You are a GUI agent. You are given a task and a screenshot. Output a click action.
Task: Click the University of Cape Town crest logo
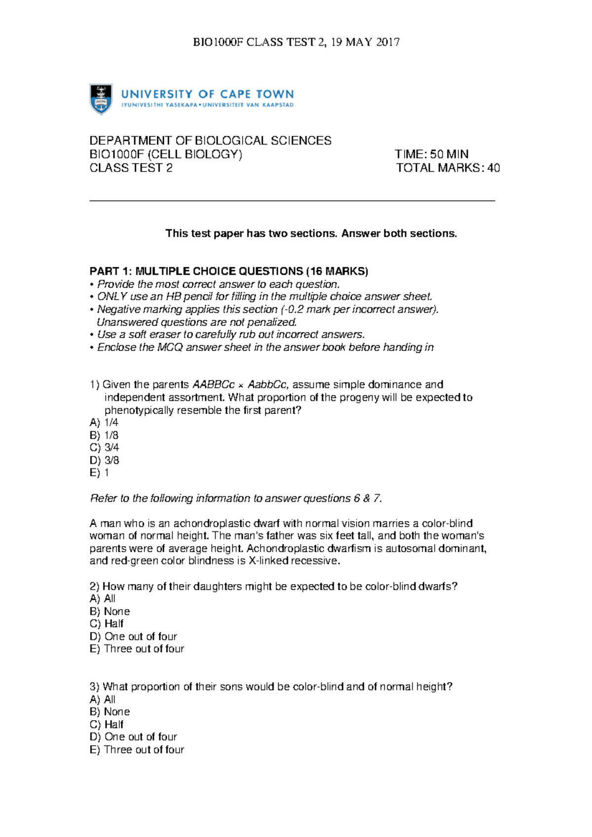pos(101,99)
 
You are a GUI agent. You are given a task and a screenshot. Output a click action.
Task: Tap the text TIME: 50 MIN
pos(431,154)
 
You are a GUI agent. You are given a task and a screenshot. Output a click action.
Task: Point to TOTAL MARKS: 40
pos(447,168)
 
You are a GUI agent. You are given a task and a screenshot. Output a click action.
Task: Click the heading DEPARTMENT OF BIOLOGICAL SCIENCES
pos(210,141)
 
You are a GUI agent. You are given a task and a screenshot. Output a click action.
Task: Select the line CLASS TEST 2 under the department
pos(131,168)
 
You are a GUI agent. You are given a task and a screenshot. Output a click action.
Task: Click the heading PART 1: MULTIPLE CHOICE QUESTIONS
pos(228,271)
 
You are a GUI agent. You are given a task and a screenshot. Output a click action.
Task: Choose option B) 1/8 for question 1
pos(104,435)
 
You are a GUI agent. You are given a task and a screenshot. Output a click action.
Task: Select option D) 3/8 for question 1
pos(104,460)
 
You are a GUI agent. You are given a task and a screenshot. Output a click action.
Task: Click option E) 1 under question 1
pos(99,473)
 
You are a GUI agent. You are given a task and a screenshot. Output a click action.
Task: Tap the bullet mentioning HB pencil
pos(261,297)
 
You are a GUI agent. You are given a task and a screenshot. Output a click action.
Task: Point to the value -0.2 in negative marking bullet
pos(294,310)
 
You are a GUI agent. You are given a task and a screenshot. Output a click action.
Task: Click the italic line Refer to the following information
pos(236,498)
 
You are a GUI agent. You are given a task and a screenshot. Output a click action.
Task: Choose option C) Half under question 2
pos(107,624)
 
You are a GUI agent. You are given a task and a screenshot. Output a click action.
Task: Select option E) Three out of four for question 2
pos(137,649)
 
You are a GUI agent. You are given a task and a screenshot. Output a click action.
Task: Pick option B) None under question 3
pos(110,712)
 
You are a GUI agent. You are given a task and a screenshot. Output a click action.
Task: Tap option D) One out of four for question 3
pos(133,737)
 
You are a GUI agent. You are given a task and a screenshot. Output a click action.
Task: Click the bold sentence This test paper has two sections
pos(311,234)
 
